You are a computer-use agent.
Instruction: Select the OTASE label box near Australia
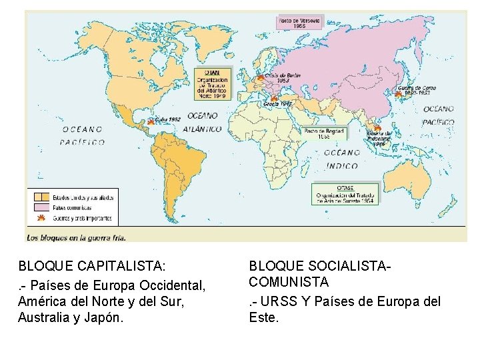click(x=345, y=194)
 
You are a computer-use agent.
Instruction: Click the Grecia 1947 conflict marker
click(x=273, y=99)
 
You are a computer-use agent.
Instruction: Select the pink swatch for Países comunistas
click(x=41, y=207)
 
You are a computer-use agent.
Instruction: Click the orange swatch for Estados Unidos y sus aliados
click(x=41, y=197)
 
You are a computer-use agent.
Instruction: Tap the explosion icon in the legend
click(x=41, y=218)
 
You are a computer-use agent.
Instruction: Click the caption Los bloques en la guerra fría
click(x=76, y=236)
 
